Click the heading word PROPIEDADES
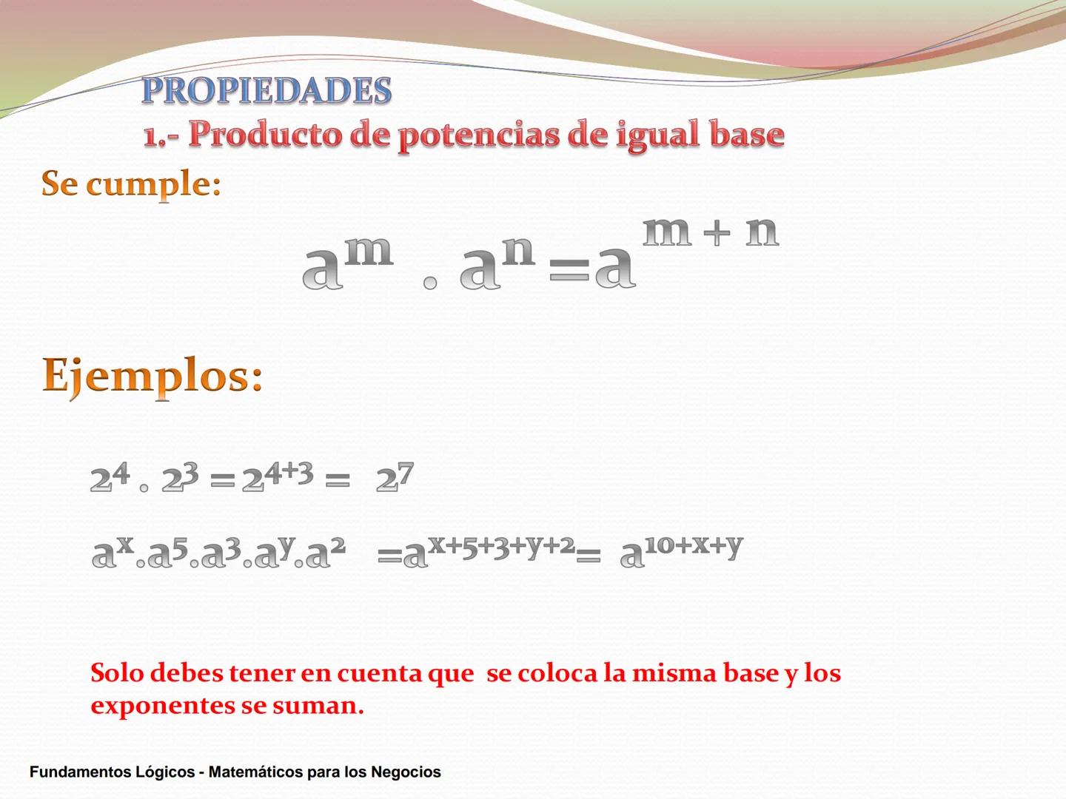tap(266, 90)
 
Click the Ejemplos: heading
tap(152, 376)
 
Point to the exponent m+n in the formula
tap(710, 232)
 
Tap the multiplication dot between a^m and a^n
tap(430, 283)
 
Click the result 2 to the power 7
tap(395, 478)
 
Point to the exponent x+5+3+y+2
tap(502, 545)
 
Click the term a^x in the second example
tap(113, 552)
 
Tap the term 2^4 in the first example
tap(110, 477)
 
